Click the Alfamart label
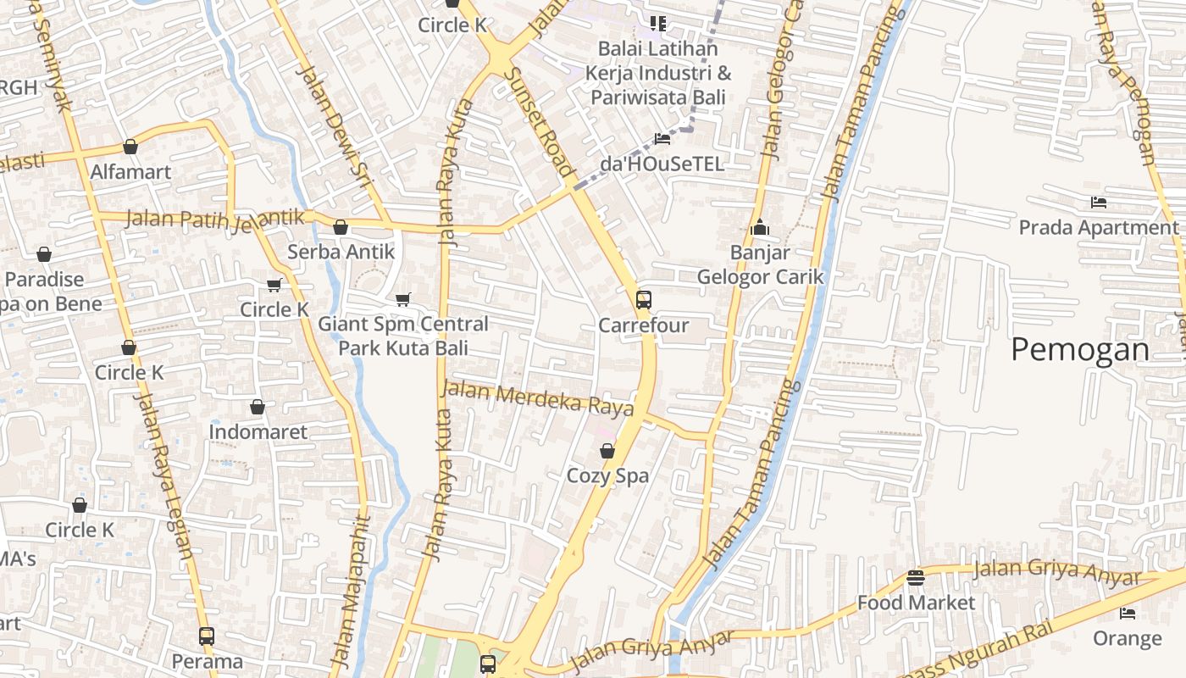[x=130, y=172]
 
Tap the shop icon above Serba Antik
[x=341, y=227]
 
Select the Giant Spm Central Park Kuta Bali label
[x=403, y=336]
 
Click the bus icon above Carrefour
[x=644, y=300]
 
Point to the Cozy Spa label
[x=607, y=475]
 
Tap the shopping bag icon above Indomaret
[x=258, y=408]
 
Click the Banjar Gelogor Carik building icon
[x=759, y=227]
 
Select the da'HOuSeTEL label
[x=662, y=164]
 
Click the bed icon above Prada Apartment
[x=1099, y=203]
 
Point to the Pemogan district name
[x=1079, y=349]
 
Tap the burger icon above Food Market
[x=915, y=578]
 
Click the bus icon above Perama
[x=207, y=636]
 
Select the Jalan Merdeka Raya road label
[x=538, y=397]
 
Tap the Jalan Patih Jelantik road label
[x=214, y=219]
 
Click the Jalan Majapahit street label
[x=352, y=589]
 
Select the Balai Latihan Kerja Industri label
[x=657, y=73]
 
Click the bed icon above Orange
[x=1128, y=613]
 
